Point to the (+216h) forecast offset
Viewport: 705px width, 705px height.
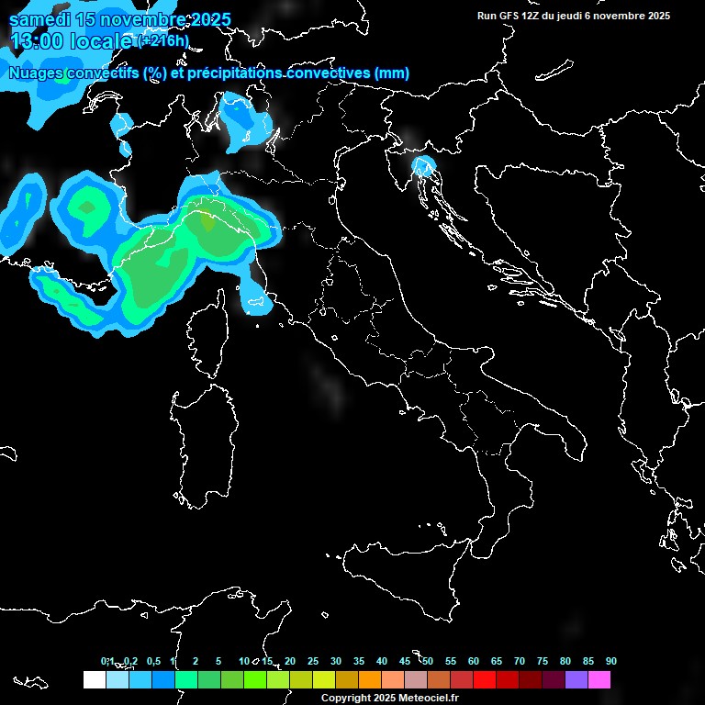point(162,40)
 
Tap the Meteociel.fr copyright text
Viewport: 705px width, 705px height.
point(390,699)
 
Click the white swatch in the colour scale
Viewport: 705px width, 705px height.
point(94,679)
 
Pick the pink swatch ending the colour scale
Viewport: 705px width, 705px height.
point(599,679)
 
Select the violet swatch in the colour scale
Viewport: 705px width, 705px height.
point(576,679)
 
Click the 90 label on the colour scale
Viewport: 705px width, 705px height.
point(610,661)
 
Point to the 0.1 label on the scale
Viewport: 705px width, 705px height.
point(107,661)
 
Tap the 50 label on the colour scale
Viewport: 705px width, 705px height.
point(427,661)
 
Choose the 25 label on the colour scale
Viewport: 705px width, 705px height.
point(312,661)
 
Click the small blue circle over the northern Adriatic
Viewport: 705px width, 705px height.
point(423,166)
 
